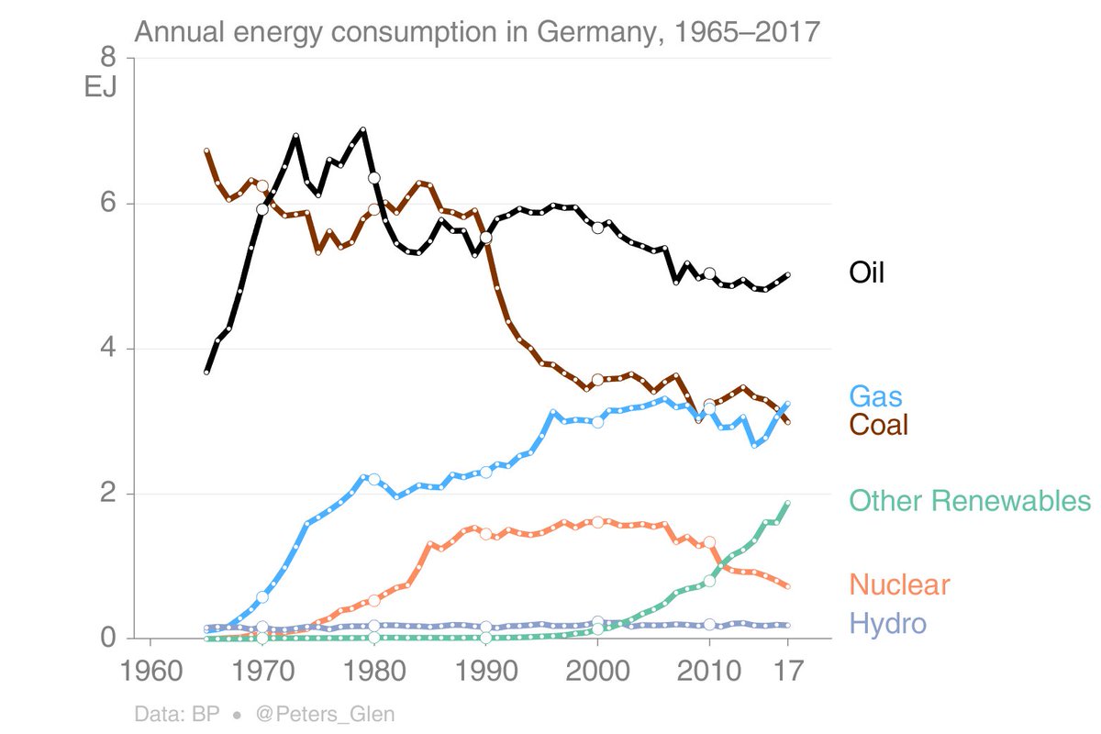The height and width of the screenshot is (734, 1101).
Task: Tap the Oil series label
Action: click(867, 272)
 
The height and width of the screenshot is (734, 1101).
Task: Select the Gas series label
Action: click(875, 396)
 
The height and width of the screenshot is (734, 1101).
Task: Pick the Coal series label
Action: click(878, 424)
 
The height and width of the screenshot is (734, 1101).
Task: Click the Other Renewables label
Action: click(970, 501)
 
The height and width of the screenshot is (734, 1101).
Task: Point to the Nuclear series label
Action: click(899, 584)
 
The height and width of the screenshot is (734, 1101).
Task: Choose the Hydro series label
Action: click(887, 625)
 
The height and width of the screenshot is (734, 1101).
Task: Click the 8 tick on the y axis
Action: click(107, 58)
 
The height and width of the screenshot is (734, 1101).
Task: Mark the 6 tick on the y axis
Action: click(107, 204)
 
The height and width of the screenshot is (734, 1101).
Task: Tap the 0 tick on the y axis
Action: click(107, 638)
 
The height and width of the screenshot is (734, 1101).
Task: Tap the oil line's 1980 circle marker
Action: click(373, 178)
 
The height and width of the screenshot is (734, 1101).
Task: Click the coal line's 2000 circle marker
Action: click(597, 380)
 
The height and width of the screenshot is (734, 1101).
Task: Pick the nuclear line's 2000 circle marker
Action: click(597, 522)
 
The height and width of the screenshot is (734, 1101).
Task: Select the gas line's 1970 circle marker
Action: click(262, 597)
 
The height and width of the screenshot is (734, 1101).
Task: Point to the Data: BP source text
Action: click(179, 713)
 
